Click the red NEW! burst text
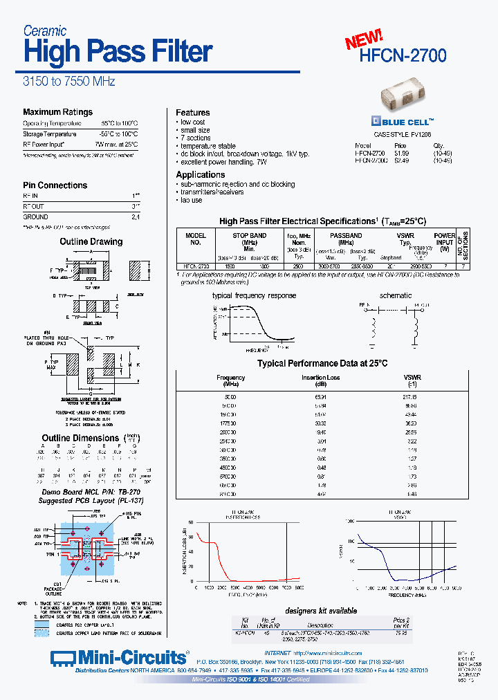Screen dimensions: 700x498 click(x=364, y=39)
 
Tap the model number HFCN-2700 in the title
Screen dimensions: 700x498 click(x=403, y=56)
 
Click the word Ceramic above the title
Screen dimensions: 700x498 click(x=45, y=30)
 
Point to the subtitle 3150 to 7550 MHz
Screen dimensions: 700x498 click(x=68, y=82)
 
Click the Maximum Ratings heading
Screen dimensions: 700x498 click(x=57, y=112)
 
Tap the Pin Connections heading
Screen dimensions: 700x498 click(x=55, y=185)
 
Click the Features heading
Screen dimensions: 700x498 click(x=192, y=113)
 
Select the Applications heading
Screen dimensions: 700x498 click(x=200, y=175)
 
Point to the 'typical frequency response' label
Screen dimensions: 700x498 click(x=254, y=295)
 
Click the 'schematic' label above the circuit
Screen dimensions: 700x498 click(x=396, y=295)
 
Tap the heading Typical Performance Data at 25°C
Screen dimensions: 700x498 click(x=322, y=363)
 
